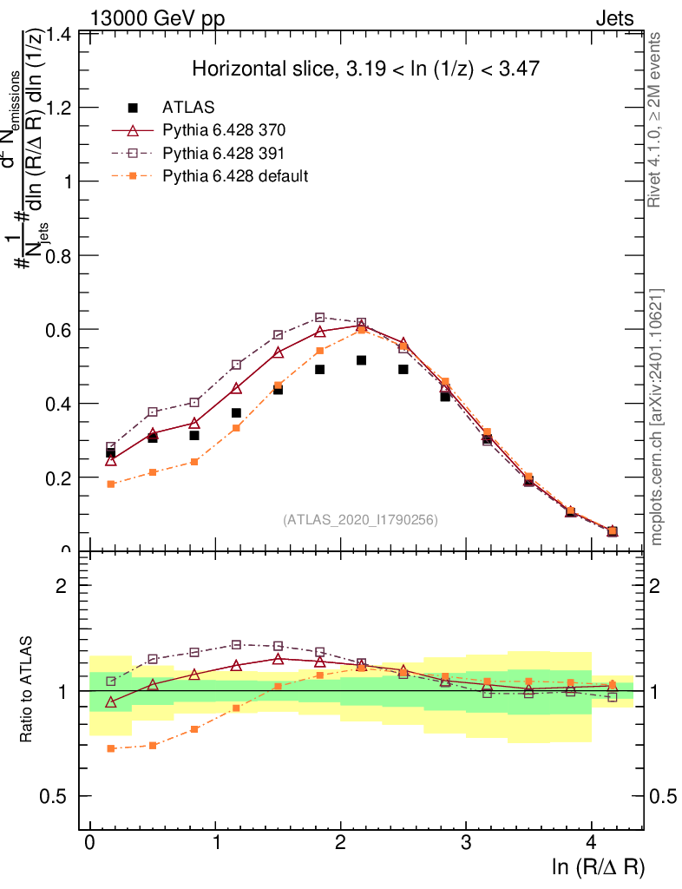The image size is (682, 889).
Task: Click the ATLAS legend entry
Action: [183, 108]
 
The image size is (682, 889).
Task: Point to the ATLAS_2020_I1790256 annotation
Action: [360, 520]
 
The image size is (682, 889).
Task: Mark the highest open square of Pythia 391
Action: [320, 318]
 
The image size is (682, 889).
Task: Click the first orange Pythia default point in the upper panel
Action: [111, 484]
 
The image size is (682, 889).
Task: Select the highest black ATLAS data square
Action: [362, 359]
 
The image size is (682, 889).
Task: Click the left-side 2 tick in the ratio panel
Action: [62, 586]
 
